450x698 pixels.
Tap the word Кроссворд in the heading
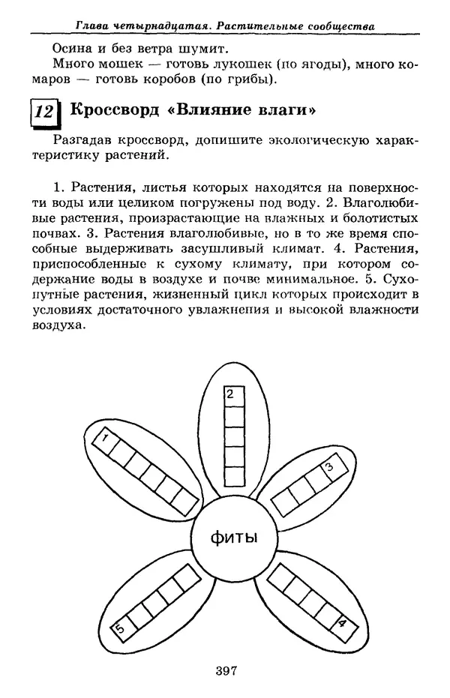tap(114, 109)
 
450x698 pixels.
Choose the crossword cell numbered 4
tap(340, 622)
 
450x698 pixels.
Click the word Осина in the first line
tap(69, 46)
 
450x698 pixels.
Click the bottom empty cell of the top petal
tap(230, 472)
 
